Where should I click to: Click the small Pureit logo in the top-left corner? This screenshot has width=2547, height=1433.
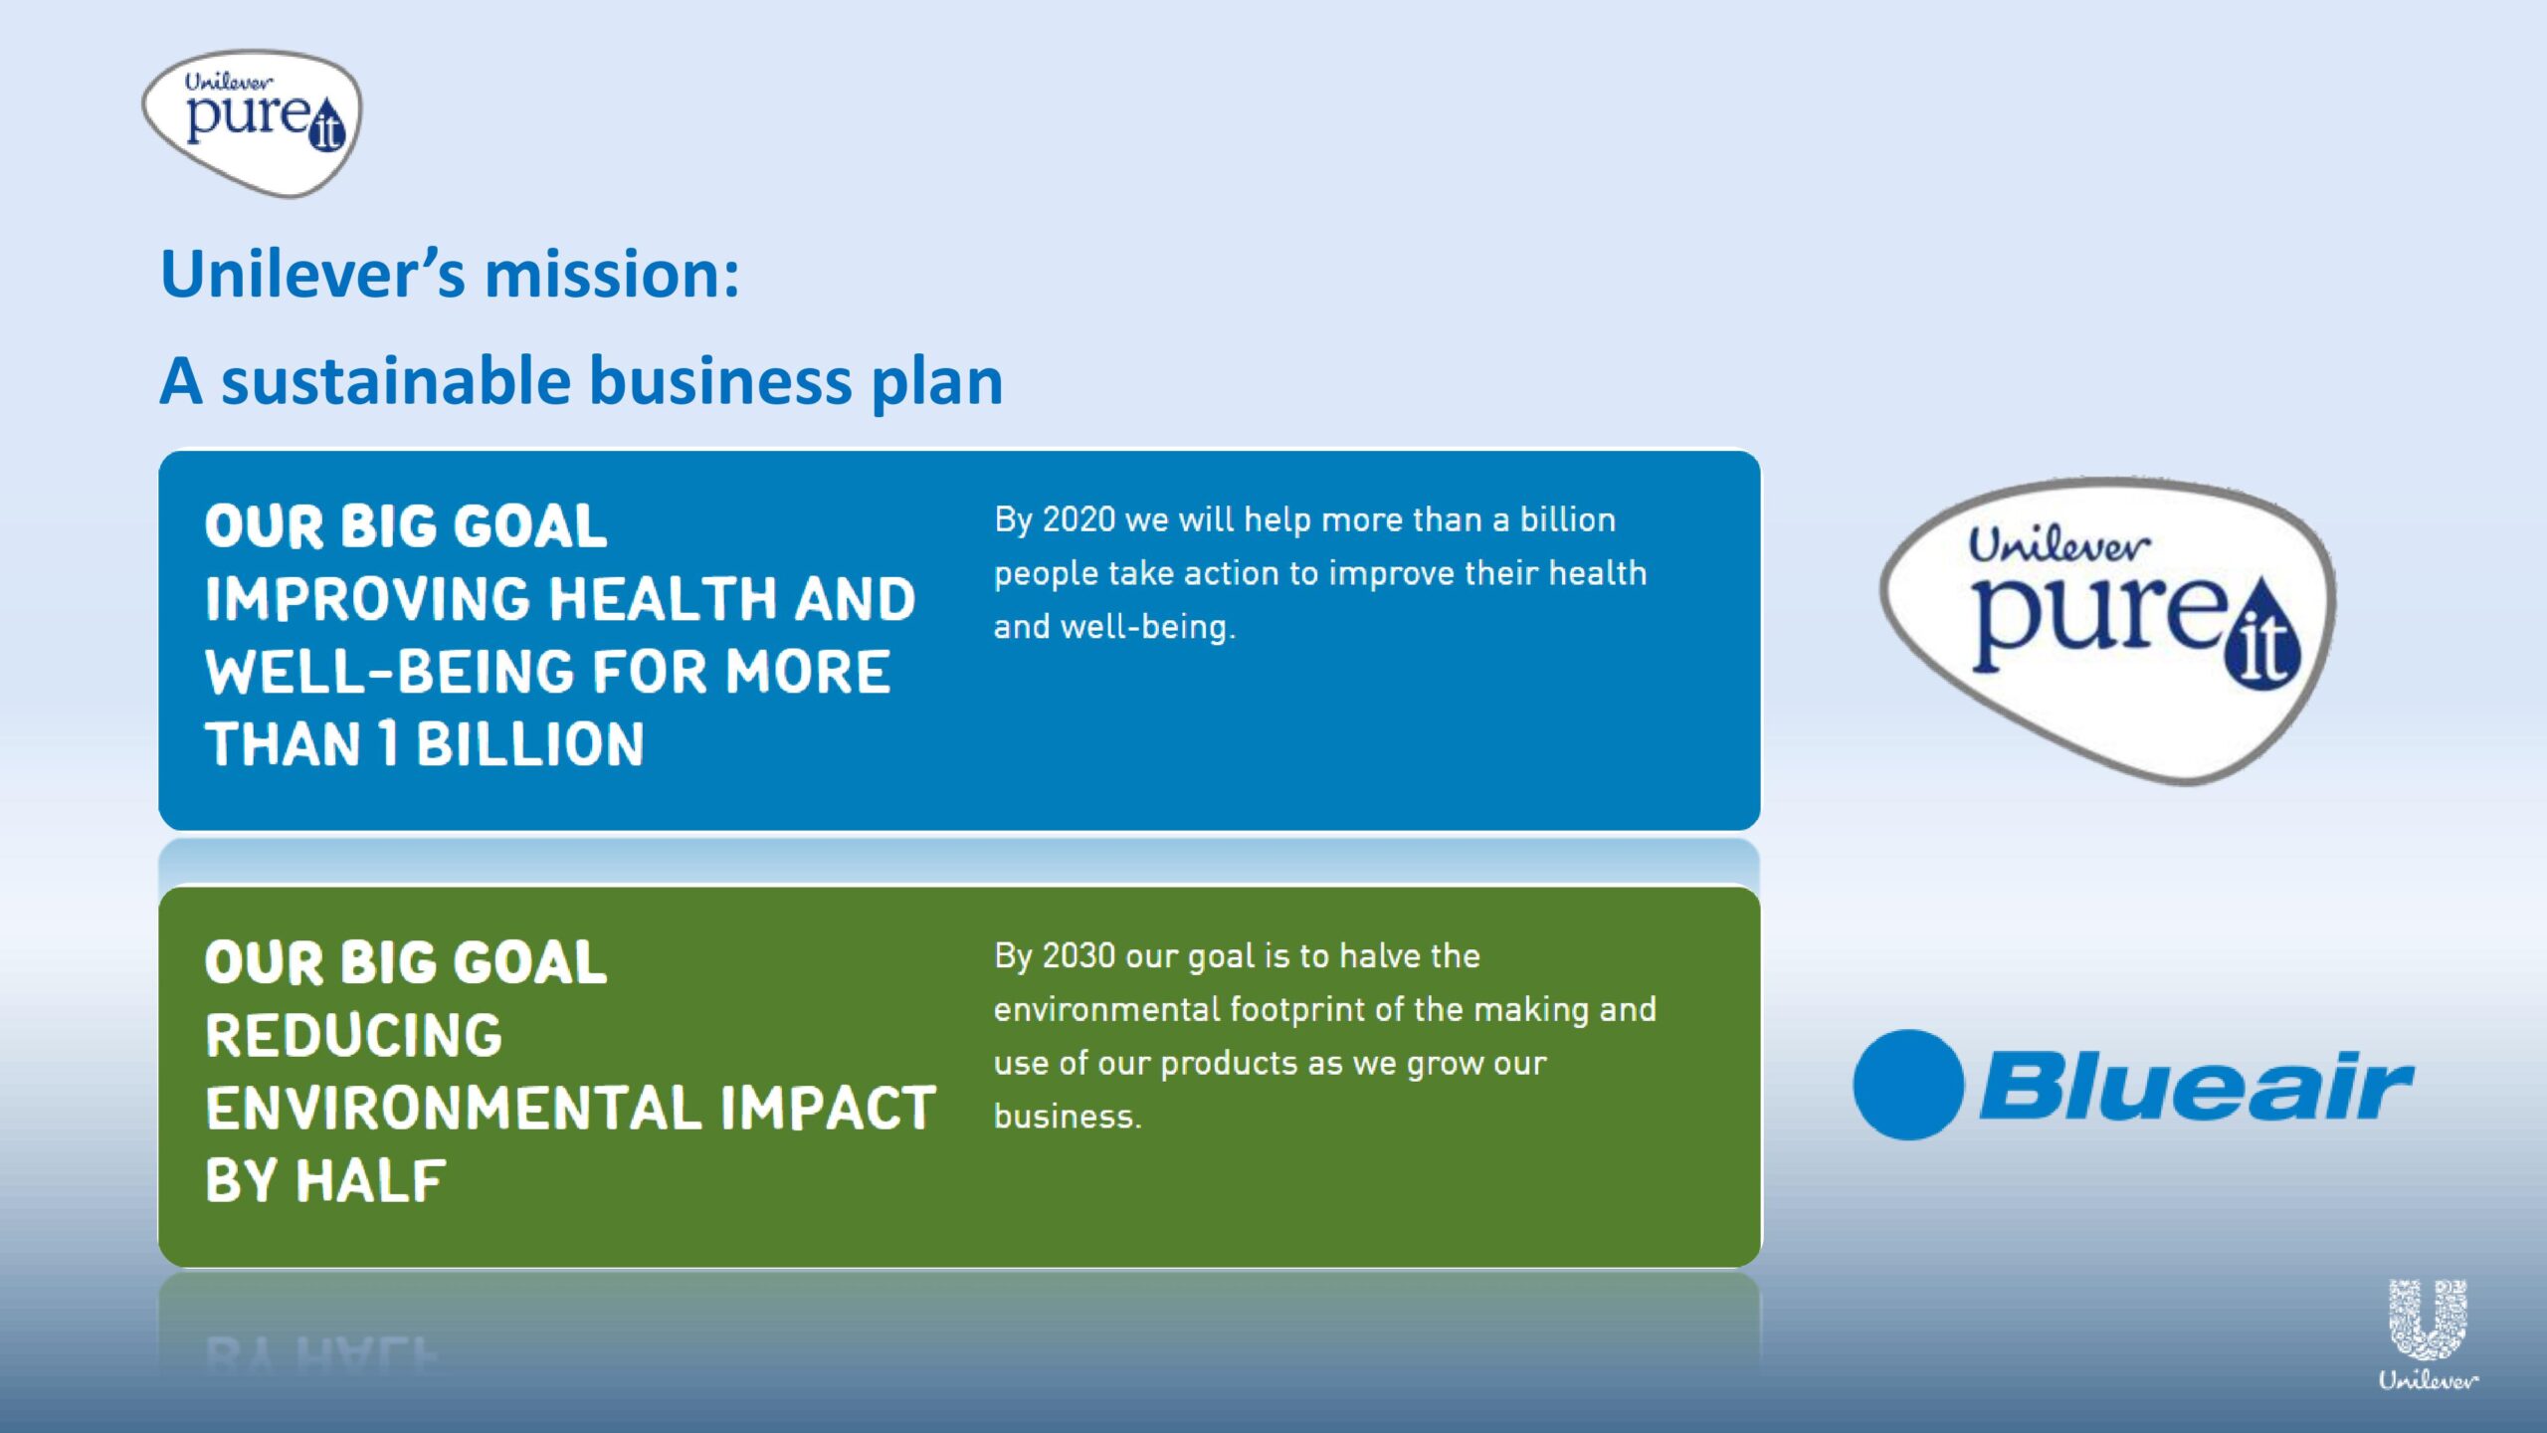[x=252, y=122]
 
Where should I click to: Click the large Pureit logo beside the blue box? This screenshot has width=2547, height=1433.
[x=2108, y=630]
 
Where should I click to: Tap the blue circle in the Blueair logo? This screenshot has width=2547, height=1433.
[x=1908, y=1085]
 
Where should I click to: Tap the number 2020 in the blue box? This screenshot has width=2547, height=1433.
[x=1078, y=519]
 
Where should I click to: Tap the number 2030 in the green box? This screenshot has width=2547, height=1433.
[x=1078, y=955]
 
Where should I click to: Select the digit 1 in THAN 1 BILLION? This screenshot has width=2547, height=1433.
[x=388, y=744]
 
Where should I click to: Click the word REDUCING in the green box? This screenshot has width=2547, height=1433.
[x=354, y=1035]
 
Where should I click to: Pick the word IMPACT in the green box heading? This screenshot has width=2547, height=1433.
[x=828, y=1108]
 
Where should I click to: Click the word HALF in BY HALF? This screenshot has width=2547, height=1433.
[x=370, y=1181]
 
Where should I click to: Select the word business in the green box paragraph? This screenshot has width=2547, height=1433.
[x=1068, y=1117]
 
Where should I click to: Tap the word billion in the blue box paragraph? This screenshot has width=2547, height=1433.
[x=1567, y=519]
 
